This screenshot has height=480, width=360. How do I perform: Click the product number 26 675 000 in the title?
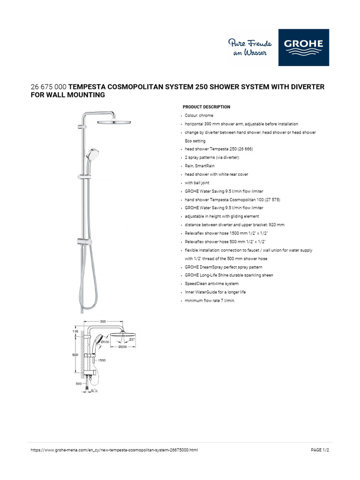(49, 87)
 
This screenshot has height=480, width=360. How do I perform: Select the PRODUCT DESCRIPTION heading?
(206, 107)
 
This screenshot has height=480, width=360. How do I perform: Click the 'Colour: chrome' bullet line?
(199, 115)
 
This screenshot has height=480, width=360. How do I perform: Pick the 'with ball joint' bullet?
(197, 183)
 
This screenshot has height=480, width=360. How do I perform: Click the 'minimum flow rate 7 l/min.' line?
(210, 300)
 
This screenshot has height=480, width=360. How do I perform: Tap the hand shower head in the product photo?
(91, 154)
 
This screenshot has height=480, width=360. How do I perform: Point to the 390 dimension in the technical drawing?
(104, 322)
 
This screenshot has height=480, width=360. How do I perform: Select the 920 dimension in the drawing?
(75, 355)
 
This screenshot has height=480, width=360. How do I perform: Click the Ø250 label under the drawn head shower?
(122, 347)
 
